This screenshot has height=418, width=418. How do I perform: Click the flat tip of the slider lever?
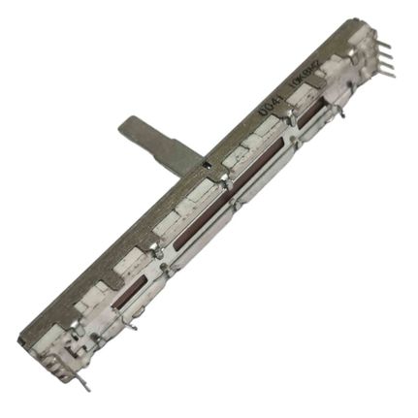coord(132,125)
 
